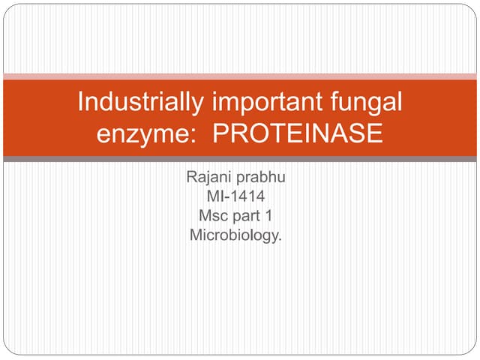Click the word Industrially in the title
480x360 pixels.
(134, 102)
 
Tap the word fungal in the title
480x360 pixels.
(364, 102)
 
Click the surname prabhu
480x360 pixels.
(262, 179)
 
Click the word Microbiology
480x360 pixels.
(235, 235)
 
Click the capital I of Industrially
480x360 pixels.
(80, 102)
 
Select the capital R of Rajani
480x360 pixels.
(190, 179)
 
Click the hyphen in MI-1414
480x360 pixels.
(227, 199)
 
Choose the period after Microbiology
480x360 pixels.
(280, 239)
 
